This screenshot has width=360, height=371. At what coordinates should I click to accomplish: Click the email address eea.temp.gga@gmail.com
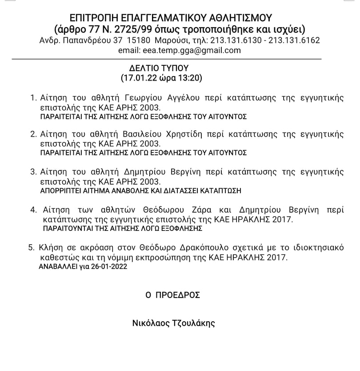(192, 50)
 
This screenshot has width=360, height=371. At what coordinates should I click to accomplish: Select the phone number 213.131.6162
(295, 40)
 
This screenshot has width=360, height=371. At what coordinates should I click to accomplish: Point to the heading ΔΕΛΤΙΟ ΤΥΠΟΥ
(159, 69)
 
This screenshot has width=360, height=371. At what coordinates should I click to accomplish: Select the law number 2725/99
(136, 29)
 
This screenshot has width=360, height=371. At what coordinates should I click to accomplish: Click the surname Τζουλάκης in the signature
(192, 323)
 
